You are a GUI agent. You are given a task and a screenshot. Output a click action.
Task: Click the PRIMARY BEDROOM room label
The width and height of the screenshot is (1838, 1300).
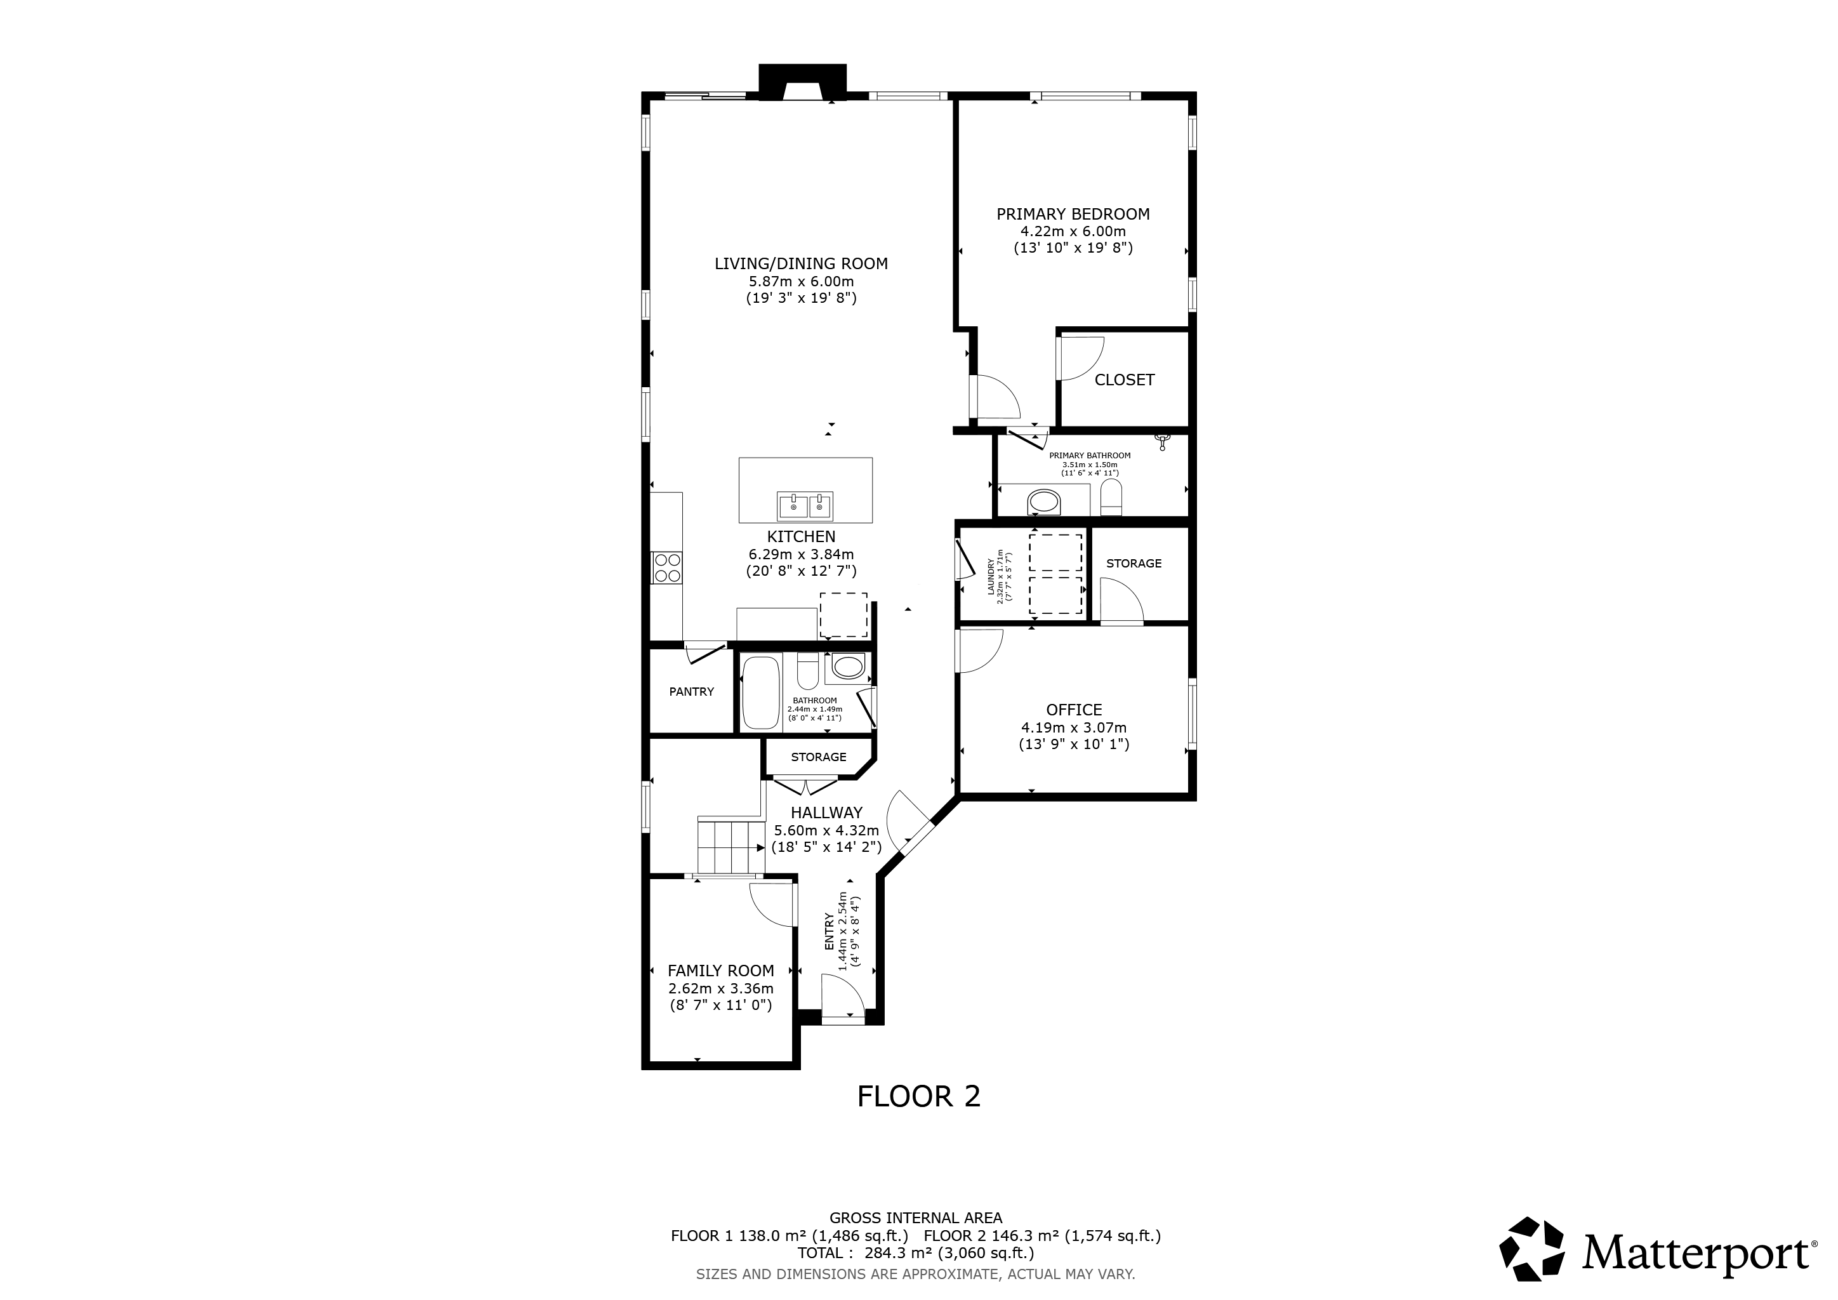1073,214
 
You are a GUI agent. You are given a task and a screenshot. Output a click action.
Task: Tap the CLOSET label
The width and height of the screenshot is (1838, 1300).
1124,380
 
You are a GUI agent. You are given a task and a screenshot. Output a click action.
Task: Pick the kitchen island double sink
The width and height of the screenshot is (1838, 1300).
805,506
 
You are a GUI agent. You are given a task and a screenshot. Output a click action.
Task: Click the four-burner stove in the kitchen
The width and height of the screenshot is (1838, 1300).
666,567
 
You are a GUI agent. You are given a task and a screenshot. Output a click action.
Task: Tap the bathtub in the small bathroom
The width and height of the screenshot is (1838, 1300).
760,693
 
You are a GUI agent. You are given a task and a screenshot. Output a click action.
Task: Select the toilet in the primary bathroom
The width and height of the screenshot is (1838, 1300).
1110,498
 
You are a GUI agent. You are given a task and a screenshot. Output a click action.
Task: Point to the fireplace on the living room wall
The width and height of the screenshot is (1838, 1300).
802,83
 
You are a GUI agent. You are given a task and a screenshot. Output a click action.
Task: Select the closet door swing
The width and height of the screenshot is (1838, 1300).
1081,358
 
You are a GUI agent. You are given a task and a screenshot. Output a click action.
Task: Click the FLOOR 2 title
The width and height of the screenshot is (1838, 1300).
918,1096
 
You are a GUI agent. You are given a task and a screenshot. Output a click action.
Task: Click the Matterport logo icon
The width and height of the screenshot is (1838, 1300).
1531,1248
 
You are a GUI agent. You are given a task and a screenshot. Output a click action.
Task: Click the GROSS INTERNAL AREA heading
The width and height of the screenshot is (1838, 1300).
916,1218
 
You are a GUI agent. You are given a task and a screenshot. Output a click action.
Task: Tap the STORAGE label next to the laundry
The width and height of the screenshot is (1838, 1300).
1134,564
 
